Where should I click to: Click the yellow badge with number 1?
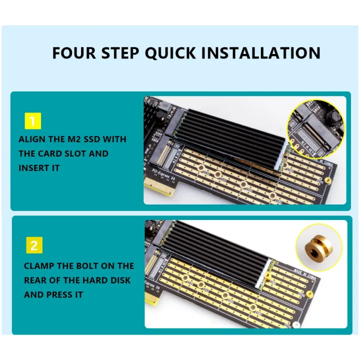[32, 121]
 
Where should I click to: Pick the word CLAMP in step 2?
[39, 266]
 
